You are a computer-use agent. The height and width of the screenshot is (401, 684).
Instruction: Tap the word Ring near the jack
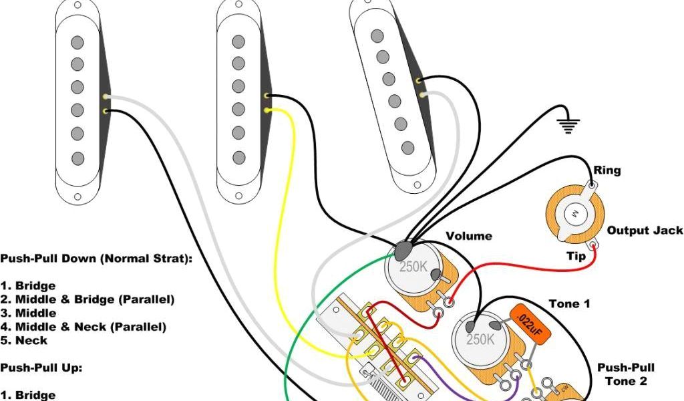[x=607, y=170]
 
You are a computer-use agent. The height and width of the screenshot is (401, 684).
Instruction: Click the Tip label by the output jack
[x=576, y=257]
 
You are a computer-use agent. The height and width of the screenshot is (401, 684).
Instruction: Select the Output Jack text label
[x=645, y=231]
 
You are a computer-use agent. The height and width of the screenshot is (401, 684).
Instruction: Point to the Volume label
[x=469, y=236]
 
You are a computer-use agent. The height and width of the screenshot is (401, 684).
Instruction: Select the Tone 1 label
[x=569, y=304]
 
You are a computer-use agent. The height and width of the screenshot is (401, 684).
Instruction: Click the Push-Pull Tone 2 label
[x=626, y=374]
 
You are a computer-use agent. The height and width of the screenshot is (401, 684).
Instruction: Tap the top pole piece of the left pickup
[x=77, y=42]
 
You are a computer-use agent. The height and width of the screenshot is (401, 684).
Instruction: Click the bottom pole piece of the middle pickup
[x=238, y=158]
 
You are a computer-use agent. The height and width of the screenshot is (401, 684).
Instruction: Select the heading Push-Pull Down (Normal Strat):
[x=96, y=259]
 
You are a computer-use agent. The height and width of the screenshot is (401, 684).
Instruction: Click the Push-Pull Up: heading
[x=39, y=368]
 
